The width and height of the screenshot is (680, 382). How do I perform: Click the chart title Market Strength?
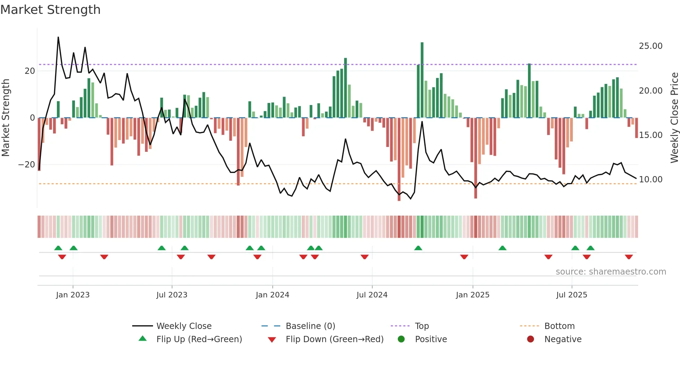(50, 10)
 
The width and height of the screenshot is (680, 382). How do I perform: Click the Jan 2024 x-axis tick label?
(272, 295)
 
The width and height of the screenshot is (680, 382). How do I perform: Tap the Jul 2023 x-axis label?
(172, 295)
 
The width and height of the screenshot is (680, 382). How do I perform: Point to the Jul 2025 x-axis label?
(571, 295)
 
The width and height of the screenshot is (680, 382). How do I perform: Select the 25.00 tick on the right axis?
(651, 46)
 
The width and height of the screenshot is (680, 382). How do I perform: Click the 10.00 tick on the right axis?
(651, 180)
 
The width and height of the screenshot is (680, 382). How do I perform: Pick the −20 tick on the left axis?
(27, 165)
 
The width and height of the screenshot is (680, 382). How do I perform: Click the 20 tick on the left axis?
(30, 71)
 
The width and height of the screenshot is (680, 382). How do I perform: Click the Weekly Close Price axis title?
(674, 118)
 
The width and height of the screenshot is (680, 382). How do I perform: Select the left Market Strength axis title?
(6, 118)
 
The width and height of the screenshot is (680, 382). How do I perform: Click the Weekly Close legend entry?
(184, 326)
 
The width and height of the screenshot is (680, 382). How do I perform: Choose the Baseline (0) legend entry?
(310, 326)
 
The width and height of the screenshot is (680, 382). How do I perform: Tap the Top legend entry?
(422, 326)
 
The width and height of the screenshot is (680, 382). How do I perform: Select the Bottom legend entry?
(559, 326)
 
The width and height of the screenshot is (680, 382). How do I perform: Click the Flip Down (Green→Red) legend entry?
(334, 339)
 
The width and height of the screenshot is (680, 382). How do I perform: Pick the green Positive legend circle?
(401, 339)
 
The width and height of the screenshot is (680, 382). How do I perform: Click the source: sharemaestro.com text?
(611, 272)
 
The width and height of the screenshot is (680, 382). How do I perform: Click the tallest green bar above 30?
(422, 80)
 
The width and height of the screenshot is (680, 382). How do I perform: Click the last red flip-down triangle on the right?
(629, 257)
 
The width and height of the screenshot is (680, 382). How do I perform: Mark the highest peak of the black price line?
(58, 37)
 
